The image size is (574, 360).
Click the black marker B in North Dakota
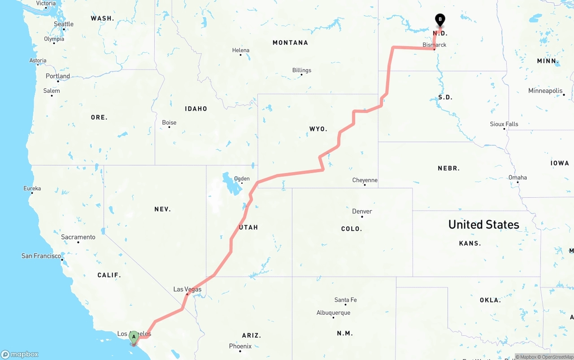coord(440,20)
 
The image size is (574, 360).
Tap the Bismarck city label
coord(435,45)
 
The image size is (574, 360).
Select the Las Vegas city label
coord(187,289)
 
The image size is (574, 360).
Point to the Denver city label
coord(362,211)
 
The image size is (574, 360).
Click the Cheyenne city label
coord(365,180)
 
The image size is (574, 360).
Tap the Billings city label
coord(301,70)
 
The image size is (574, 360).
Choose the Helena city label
coord(241,50)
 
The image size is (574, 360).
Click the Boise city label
coord(169,122)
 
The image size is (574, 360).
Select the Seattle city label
coord(64,24)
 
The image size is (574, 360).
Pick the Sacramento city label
coord(78,237)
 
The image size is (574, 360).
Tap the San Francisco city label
coord(41,256)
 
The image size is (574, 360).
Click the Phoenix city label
coord(240,346)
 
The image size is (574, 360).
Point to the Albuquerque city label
coord(333,313)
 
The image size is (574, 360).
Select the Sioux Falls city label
coord(504,124)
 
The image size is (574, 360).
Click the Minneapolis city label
coord(545,91)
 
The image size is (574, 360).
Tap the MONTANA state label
coord(290,43)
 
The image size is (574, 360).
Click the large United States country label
coord(483,225)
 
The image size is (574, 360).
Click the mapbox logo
coord(20,355)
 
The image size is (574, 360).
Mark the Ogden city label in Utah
coord(242,178)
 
